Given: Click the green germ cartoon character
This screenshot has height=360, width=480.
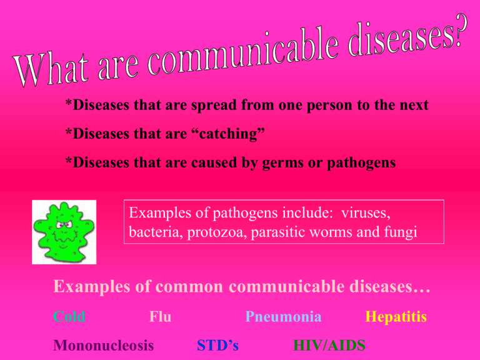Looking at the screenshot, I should [x=64, y=231].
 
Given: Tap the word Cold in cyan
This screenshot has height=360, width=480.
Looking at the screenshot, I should [x=69, y=317].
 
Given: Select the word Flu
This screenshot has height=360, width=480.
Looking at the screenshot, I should [x=161, y=317].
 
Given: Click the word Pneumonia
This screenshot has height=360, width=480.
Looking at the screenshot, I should [x=284, y=317].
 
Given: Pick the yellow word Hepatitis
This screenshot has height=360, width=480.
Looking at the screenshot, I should [x=396, y=317].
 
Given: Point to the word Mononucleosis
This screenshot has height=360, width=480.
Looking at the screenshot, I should [x=104, y=345].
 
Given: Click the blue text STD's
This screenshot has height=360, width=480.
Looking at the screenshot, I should [x=217, y=345].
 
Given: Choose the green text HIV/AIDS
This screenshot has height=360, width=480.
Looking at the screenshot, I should [x=329, y=345].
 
